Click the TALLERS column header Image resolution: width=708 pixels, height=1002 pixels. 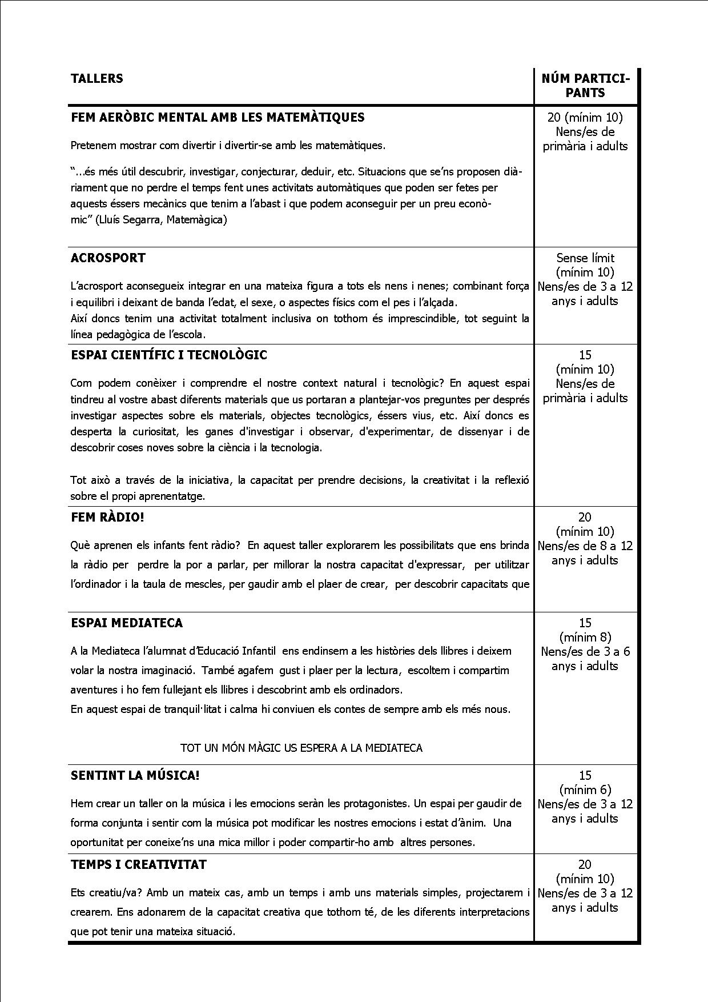(96, 79)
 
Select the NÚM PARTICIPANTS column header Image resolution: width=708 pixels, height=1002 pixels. (585, 86)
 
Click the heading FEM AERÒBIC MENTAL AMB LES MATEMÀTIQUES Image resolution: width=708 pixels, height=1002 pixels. (218, 118)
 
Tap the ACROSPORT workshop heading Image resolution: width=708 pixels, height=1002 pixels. (108, 258)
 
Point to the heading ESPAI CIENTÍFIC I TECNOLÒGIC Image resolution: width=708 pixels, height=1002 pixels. (168, 355)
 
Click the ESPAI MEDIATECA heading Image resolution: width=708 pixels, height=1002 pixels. (127, 623)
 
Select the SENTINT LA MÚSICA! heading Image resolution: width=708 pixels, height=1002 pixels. (135, 776)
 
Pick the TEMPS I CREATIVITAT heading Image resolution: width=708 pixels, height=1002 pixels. (138, 865)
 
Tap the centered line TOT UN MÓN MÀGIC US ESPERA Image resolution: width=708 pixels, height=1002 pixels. (301, 748)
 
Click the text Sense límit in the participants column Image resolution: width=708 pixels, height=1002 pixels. (585, 258)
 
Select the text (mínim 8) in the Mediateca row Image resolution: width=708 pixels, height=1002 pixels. (585, 638)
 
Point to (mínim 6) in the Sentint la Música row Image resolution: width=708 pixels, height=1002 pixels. (585, 790)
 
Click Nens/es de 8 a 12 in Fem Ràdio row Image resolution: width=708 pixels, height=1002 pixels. (585, 546)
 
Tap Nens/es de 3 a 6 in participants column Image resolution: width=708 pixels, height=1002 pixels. (585, 652)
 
